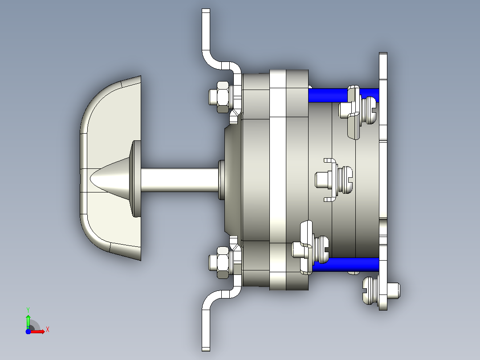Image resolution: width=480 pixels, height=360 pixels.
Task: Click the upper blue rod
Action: pos(328,95)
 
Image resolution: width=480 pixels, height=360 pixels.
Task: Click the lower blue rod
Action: pos(346,264)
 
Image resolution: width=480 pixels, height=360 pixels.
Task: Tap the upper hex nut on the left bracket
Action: pos(223,97)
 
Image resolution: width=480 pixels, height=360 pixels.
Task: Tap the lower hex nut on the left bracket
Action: pos(223,262)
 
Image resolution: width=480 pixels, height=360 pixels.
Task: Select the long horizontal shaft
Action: pos(180,180)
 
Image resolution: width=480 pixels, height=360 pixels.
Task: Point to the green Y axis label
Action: pos(28,310)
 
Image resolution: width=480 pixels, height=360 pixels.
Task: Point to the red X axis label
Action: pos(48,330)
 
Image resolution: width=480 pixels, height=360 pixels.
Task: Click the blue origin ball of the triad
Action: pos(28,331)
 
